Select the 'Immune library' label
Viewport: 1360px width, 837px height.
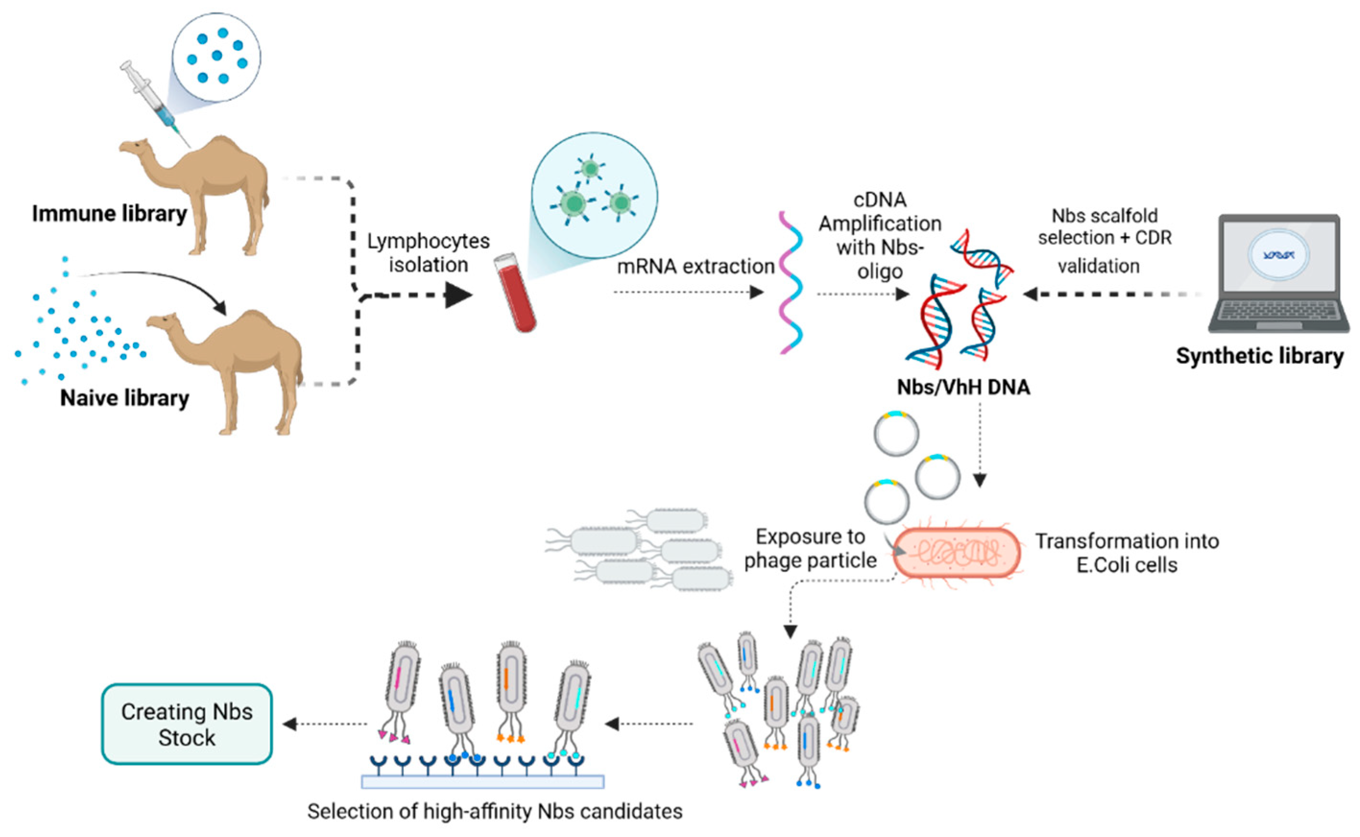109,213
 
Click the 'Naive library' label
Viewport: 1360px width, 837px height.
125,398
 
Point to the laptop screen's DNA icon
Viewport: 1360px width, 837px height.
1279,255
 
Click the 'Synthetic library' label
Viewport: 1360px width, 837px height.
1259,355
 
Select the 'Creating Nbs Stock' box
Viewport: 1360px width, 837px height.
187,724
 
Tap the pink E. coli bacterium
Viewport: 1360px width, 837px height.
957,553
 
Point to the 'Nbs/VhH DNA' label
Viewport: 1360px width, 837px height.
964,387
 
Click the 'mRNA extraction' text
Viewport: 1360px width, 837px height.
695,266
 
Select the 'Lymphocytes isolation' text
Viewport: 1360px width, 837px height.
428,253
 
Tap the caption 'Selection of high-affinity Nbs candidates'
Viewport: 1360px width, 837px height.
494,812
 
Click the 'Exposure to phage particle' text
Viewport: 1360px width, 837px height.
810,549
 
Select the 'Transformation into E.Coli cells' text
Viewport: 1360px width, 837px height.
1127,553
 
